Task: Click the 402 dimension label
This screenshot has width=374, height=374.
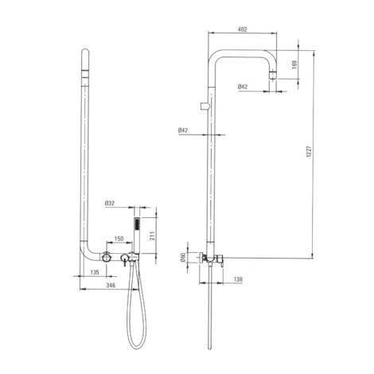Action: (x=242, y=29)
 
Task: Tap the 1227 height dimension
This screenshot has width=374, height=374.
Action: (x=309, y=151)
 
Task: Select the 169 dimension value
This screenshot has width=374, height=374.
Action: (x=294, y=64)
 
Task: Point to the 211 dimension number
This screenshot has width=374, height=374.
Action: (x=152, y=236)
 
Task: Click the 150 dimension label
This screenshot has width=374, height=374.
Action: (x=119, y=239)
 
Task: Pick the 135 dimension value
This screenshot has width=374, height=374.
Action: (x=95, y=272)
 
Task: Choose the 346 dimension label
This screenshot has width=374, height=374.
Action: (x=111, y=285)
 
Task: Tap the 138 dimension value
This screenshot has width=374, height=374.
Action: (x=238, y=279)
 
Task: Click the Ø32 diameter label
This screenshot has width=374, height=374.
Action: (x=110, y=203)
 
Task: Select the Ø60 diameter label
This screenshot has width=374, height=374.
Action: (x=182, y=257)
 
